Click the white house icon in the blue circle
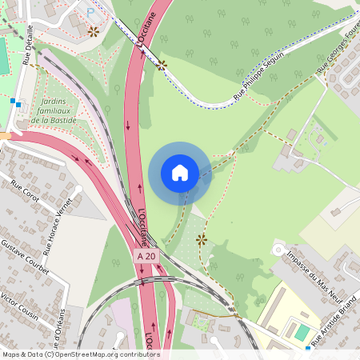click(180, 172)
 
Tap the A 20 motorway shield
click(145, 255)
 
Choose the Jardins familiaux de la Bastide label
click(53, 111)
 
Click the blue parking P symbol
click(90, 11)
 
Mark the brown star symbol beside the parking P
click(94, 31)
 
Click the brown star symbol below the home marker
click(201, 238)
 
